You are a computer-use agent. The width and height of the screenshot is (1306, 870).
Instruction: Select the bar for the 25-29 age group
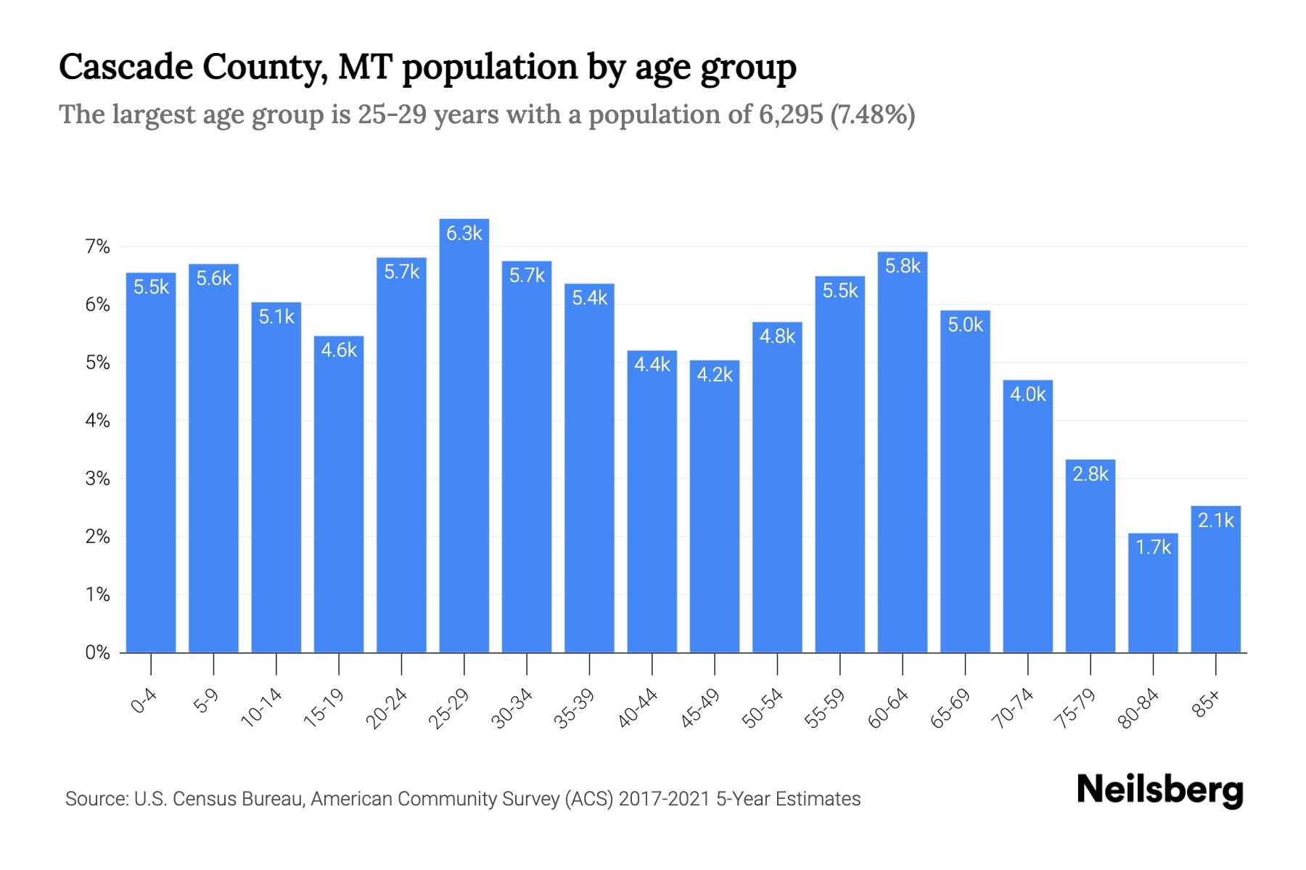[464, 435]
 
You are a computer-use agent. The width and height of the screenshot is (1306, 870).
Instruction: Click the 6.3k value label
[464, 233]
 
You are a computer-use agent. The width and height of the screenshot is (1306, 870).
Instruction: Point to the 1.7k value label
[1153, 547]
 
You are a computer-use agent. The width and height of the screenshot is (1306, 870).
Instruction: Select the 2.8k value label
[1091, 474]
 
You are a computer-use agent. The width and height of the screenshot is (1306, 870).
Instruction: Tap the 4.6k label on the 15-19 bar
[339, 351]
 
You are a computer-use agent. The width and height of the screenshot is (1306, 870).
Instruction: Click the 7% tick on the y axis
[97, 247]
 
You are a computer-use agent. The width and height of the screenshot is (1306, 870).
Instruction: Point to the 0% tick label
[97, 652]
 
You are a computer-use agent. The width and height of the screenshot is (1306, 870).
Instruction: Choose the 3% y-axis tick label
[97, 478]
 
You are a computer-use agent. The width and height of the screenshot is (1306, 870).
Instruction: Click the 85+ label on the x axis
[1206, 704]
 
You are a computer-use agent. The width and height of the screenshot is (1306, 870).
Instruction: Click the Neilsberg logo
[1159, 790]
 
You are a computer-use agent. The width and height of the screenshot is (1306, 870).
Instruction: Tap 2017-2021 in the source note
[664, 799]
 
